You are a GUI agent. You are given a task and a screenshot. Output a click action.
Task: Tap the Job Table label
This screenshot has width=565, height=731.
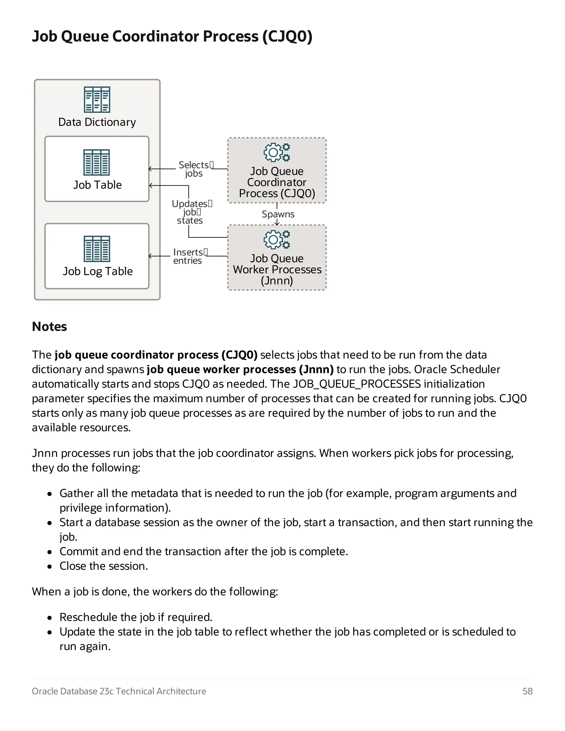point(97,185)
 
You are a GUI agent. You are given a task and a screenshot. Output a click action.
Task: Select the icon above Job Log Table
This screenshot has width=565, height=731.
point(97,249)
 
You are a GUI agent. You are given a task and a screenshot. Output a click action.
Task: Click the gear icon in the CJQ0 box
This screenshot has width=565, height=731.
point(276,152)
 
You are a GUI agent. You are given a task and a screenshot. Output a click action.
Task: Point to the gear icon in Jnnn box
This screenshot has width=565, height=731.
point(276,240)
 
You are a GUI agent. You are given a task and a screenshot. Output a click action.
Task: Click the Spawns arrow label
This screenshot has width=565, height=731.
point(278,214)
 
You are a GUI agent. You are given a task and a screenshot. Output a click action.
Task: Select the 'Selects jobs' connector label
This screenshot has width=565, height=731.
point(194,169)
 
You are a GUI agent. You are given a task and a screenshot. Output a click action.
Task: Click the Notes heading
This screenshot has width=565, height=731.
point(50,327)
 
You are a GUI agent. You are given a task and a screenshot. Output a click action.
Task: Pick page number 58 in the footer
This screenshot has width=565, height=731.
point(527,691)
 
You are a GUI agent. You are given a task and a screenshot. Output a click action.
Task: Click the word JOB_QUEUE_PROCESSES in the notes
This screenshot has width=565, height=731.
point(356,384)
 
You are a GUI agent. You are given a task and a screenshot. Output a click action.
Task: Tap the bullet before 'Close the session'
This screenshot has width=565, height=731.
point(50,567)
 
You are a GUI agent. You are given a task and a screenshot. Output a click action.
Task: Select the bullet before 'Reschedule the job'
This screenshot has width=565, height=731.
point(50,618)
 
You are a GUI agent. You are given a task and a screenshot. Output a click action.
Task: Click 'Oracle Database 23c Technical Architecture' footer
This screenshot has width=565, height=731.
point(119,691)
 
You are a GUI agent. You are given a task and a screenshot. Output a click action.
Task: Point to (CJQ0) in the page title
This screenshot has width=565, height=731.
point(287,36)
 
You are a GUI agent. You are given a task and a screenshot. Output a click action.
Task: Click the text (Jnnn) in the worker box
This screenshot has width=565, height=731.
point(277,281)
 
